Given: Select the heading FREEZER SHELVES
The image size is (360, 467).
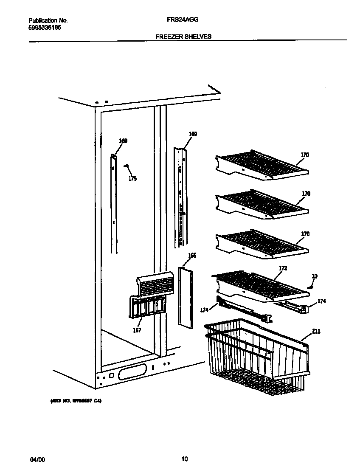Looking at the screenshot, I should click(x=183, y=37).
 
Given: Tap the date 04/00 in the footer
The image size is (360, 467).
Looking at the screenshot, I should click(x=37, y=459).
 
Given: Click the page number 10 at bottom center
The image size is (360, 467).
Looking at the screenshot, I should click(x=184, y=459).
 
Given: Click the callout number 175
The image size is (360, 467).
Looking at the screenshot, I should click(x=132, y=179).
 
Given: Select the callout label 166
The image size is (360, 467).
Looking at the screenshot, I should click(x=192, y=256).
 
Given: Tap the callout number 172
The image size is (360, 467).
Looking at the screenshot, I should click(x=283, y=268).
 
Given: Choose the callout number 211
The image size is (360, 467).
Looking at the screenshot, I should click(x=316, y=331).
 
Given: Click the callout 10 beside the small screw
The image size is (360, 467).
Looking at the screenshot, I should click(x=314, y=276).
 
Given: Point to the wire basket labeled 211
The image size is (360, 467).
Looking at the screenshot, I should click(x=255, y=357).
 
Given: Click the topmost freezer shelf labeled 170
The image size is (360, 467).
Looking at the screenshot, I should click(x=261, y=166).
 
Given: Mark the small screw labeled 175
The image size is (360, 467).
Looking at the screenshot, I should click(x=126, y=166).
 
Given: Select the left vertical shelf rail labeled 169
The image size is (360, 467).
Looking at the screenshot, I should click(x=113, y=204).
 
